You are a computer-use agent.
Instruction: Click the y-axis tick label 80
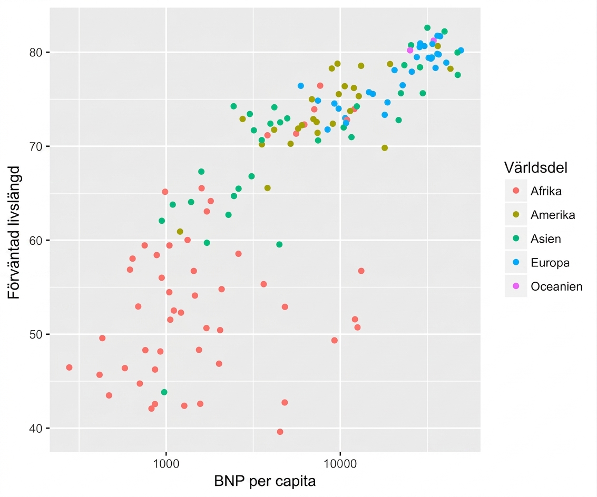click(x=35, y=52)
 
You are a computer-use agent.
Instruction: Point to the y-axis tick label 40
click(x=35, y=429)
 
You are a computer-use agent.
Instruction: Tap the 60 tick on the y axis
click(x=35, y=241)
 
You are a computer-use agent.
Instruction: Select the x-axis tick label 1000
click(x=166, y=463)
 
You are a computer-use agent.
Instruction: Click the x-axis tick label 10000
click(x=340, y=463)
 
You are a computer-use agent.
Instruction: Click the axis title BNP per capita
click(x=265, y=481)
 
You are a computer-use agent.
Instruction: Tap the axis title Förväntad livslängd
click(x=14, y=233)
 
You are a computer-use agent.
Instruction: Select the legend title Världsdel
click(x=536, y=167)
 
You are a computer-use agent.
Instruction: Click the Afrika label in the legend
click(x=546, y=191)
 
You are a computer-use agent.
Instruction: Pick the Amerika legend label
click(x=553, y=215)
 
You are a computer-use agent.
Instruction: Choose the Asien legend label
click(x=545, y=239)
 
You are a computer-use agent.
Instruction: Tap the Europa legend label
click(x=550, y=263)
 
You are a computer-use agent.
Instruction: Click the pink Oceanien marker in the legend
click(x=516, y=286)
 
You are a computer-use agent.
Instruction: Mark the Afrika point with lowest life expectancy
click(x=280, y=432)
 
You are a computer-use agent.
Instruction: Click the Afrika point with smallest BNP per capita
click(x=69, y=367)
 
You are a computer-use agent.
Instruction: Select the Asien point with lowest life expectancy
click(x=164, y=392)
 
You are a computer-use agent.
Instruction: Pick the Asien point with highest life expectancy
click(x=427, y=28)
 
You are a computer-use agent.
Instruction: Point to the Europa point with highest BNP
click(x=461, y=51)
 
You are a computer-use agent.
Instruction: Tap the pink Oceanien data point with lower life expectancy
click(x=409, y=50)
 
